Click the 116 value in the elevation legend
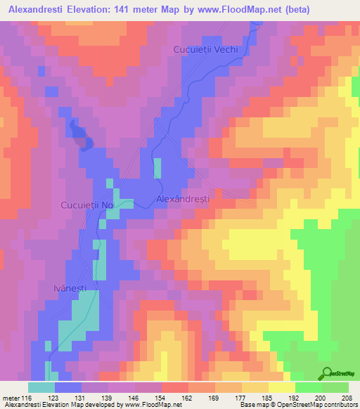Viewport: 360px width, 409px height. pyautogui.click(x=26, y=398)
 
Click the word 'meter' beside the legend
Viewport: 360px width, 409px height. pyautogui.click(x=11, y=398)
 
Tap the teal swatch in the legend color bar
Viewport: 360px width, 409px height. pyautogui.click(x=41, y=387)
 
